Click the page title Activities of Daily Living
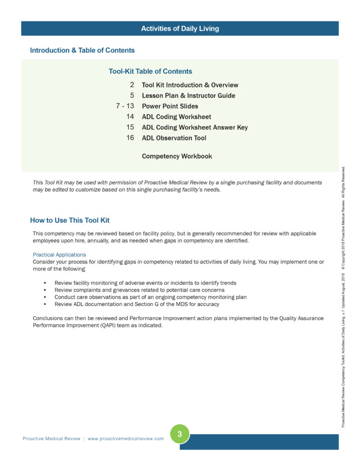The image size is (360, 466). click(180, 28)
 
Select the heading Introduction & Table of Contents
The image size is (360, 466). click(82, 50)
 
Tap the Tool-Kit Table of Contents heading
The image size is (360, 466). click(150, 71)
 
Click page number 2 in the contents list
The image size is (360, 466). click(132, 85)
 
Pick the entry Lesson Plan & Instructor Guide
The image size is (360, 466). click(188, 96)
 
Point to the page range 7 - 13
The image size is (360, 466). click(125, 106)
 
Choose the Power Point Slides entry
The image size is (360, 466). click(170, 106)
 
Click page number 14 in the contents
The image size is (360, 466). click(130, 116)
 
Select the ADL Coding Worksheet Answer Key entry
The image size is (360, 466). click(195, 127)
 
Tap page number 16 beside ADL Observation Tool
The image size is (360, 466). click(130, 138)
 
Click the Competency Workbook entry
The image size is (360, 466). click(177, 156)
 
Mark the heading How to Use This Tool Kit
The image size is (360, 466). click(70, 220)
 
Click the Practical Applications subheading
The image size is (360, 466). click(59, 255)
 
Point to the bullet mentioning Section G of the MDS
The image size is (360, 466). click(137, 304)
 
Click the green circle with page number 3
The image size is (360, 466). click(180, 434)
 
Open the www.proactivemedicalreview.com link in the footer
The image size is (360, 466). click(126, 439)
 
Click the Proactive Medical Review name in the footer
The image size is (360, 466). click(51, 439)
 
